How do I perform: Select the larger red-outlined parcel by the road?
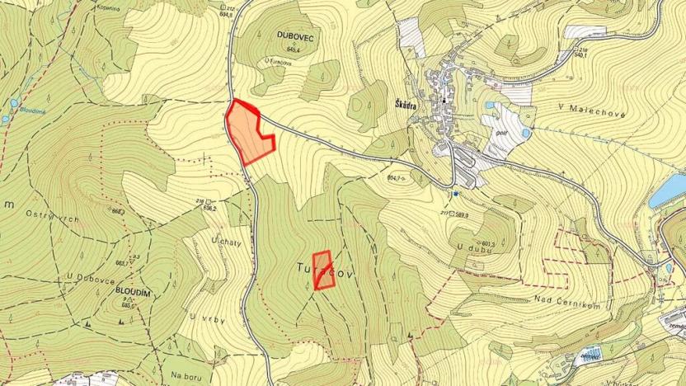(x=249, y=133)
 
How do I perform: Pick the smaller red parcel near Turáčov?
(x=323, y=271)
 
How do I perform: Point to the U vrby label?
(x=202, y=318)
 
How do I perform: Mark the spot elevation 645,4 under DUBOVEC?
(x=286, y=51)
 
